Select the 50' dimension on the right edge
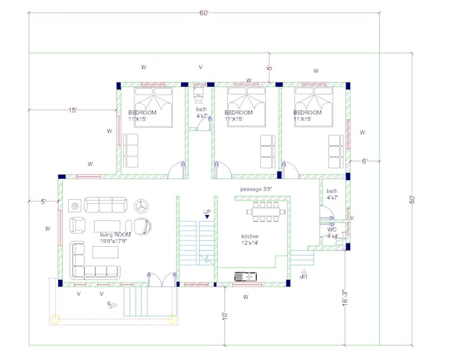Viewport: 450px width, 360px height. coord(411,198)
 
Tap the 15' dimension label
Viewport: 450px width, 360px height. coord(72,111)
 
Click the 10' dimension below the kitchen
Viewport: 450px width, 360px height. coord(224,316)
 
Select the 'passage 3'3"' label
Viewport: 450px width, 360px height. coord(256,189)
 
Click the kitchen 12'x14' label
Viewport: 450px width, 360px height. coord(249,240)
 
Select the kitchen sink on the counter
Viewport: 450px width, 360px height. coord(243,276)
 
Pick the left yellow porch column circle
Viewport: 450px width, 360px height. coord(55,319)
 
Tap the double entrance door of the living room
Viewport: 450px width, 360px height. coord(157,277)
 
